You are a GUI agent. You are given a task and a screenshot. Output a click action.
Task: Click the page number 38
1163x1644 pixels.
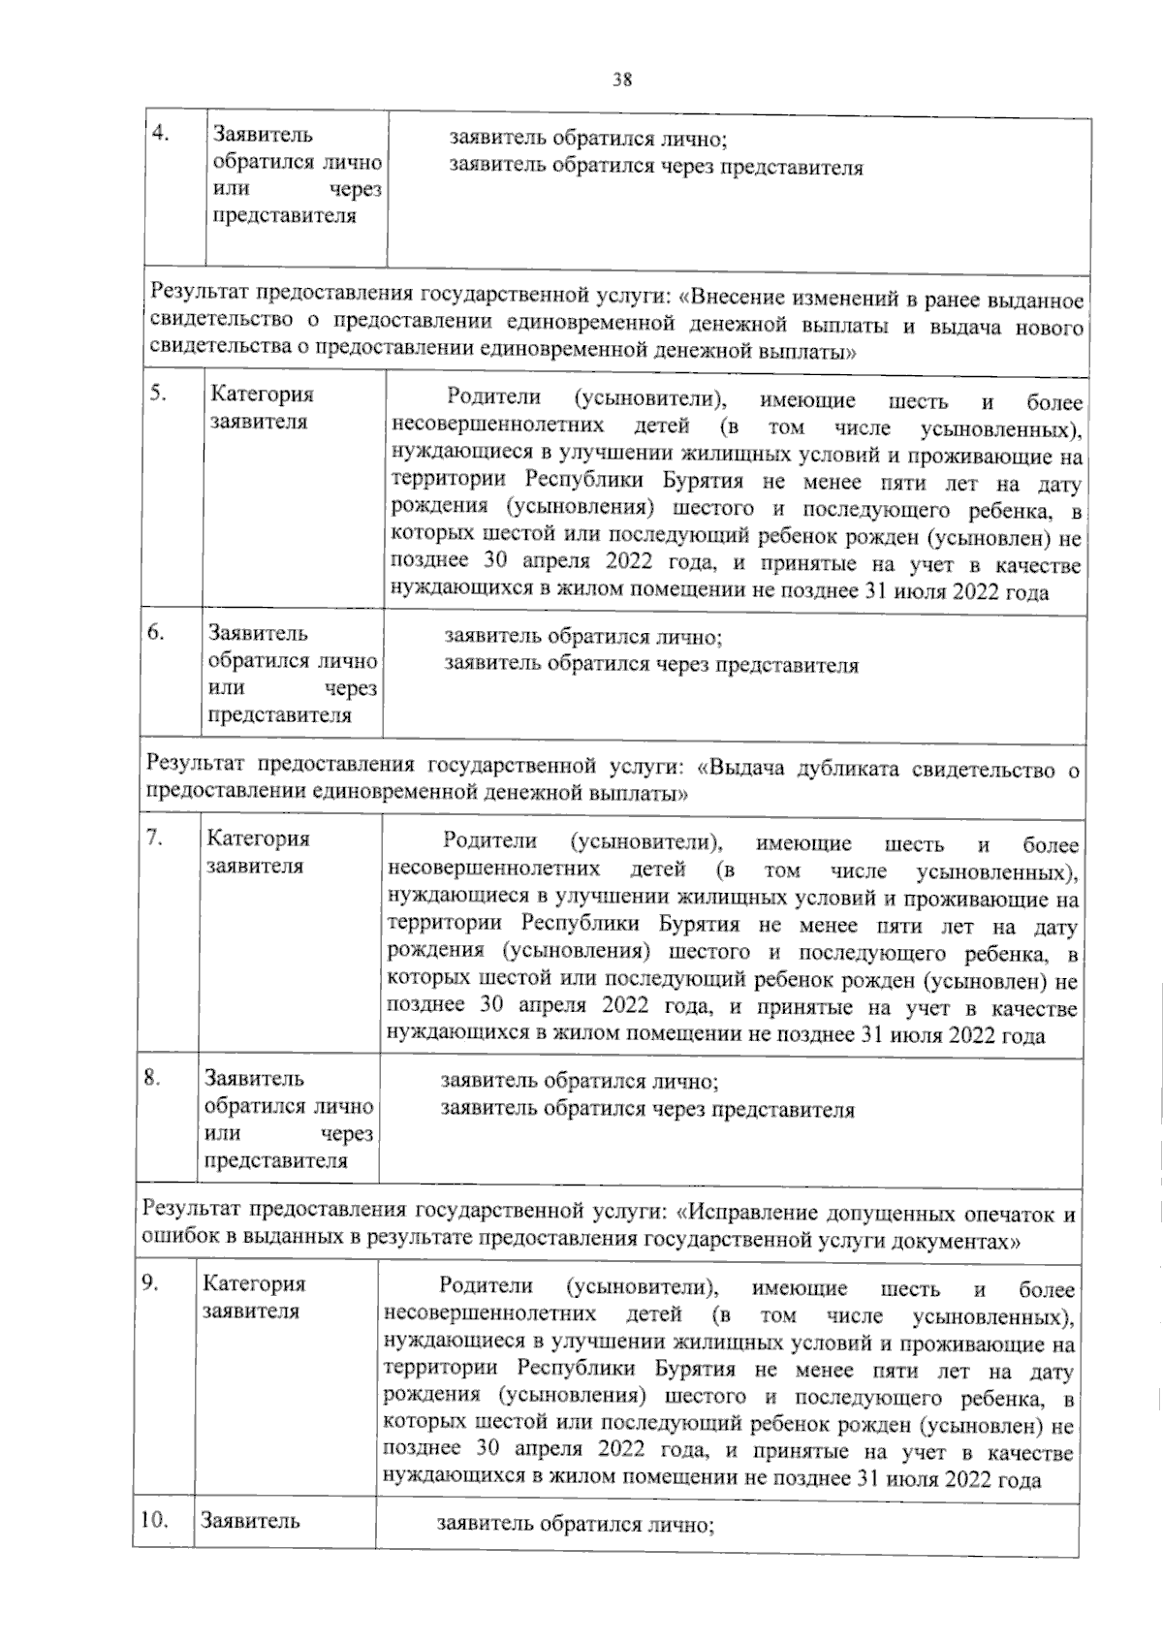tap(622, 80)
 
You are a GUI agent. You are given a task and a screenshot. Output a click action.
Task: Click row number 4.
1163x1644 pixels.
tap(162, 133)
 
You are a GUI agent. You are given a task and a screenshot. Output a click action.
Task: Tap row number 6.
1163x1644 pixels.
tap(155, 632)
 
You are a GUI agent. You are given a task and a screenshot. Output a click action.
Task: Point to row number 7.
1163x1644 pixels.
tap(152, 838)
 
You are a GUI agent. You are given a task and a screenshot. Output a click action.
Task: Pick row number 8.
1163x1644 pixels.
tap(151, 1077)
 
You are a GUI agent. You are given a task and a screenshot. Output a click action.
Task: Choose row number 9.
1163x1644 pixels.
tap(149, 1282)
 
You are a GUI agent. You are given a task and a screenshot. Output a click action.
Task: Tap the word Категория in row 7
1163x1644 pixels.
tap(258, 838)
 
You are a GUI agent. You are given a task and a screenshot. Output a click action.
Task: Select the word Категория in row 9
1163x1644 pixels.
tap(254, 1283)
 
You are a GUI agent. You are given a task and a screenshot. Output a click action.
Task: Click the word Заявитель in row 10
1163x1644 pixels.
tap(250, 1521)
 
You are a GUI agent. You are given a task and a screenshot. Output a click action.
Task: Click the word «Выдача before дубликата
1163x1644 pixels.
tap(741, 769)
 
